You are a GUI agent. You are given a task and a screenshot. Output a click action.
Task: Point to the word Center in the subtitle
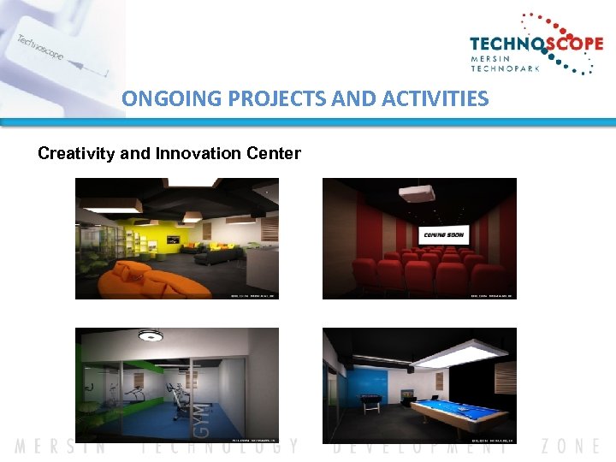click(273, 154)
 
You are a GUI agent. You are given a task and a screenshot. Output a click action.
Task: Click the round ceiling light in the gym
click(151, 336)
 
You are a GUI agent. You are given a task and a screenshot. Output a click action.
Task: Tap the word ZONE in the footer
click(572, 446)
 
